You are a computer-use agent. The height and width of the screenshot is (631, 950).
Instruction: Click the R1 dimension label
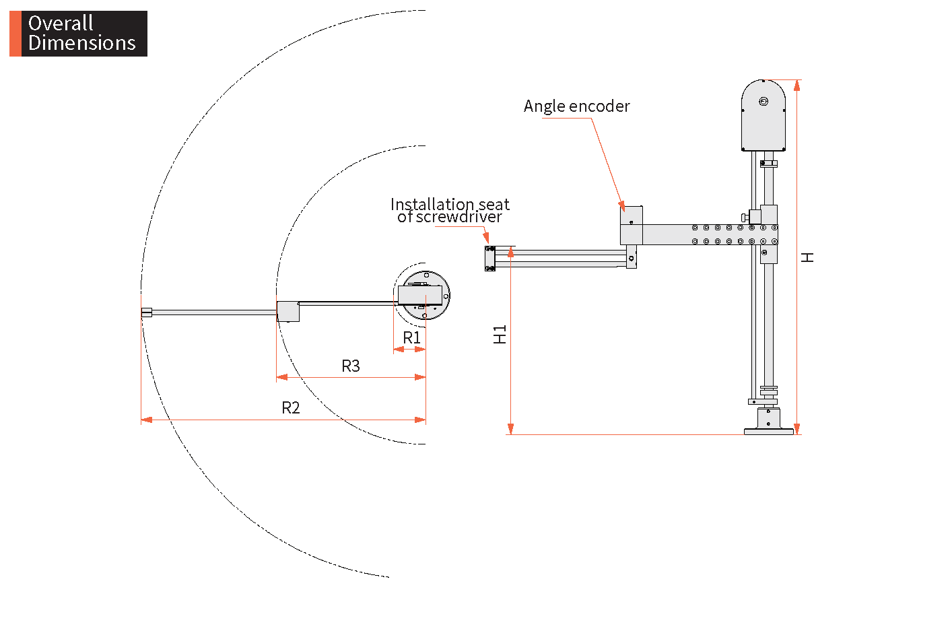click(x=411, y=338)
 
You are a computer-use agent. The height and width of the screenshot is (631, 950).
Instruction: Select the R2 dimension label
click(x=290, y=408)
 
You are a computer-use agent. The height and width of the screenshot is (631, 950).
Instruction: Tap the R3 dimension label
click(x=351, y=366)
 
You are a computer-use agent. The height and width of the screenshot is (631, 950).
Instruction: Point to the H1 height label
click(x=500, y=335)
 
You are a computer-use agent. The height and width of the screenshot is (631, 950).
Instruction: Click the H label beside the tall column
click(x=807, y=257)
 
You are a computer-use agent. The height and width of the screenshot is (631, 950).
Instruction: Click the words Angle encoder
click(x=577, y=106)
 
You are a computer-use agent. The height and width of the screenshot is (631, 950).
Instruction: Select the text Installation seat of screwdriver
click(x=450, y=210)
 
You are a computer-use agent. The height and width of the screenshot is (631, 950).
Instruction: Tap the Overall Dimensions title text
click(x=82, y=33)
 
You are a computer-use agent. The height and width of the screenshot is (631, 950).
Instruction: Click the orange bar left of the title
click(x=15, y=34)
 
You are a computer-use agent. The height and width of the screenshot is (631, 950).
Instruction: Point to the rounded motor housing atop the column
click(x=764, y=115)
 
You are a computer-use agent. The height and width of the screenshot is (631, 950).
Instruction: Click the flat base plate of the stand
click(x=768, y=432)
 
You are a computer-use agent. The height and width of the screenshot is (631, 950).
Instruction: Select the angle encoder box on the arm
click(x=632, y=225)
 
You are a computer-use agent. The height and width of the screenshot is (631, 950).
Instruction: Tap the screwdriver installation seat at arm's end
click(x=490, y=258)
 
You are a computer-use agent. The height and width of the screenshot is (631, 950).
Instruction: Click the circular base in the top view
click(x=426, y=295)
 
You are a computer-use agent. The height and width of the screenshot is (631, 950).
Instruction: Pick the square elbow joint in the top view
click(x=288, y=312)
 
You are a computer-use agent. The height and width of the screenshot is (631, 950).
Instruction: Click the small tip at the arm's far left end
click(x=146, y=312)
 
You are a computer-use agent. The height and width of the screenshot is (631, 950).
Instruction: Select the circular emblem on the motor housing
click(x=764, y=101)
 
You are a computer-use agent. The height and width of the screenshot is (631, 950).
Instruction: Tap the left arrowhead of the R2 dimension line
click(x=146, y=420)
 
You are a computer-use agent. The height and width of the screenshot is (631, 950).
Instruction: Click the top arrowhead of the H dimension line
click(x=797, y=86)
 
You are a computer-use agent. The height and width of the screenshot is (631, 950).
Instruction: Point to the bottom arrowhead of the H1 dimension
click(x=510, y=429)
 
